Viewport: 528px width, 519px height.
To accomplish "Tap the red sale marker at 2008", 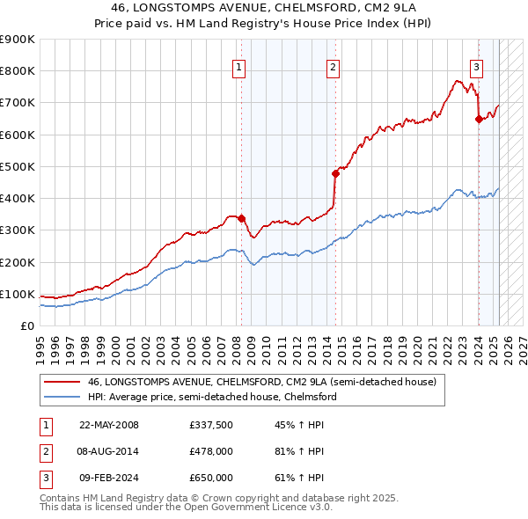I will coord(242,218).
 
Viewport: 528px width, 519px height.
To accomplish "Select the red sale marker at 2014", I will coord(336,173).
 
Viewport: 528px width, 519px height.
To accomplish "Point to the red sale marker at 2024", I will coord(479,119).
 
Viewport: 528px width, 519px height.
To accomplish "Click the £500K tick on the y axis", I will coord(18,166).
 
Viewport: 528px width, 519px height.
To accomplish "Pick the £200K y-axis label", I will coord(18,262).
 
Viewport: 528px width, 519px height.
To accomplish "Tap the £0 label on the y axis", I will coord(26,325).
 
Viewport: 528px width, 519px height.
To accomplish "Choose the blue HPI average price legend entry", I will coord(211,398).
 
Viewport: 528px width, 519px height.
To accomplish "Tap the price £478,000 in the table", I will coord(211,451).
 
